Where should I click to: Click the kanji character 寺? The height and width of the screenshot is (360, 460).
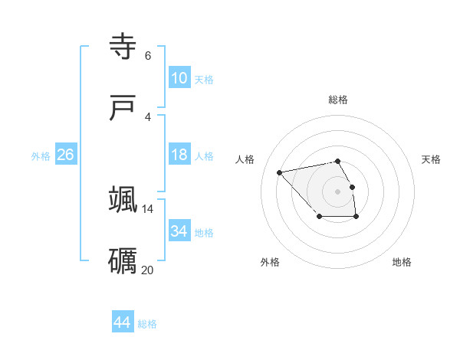tap(124, 47)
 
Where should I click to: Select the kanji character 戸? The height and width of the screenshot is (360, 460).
tap(124, 108)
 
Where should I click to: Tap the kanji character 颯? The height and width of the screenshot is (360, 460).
tap(123, 199)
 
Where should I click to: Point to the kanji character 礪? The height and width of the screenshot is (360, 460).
tap(123, 260)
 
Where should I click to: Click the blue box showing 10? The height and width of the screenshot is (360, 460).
tap(179, 78)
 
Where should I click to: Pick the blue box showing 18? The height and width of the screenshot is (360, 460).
tap(179, 155)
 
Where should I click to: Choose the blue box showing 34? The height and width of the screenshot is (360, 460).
tap(179, 231)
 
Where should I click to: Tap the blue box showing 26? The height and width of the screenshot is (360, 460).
tap(66, 155)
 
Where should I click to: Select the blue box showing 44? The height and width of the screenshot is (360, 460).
tap(122, 322)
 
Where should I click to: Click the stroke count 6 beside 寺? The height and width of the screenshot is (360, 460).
tap(148, 55)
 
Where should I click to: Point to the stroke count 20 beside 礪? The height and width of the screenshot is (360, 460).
tap(147, 270)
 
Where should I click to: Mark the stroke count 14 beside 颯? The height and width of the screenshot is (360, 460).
tap(147, 208)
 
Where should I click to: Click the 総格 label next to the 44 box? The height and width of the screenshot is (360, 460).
tap(147, 324)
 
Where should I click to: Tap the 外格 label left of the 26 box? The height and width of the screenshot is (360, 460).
tap(41, 156)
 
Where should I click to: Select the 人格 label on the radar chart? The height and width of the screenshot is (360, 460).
tap(245, 159)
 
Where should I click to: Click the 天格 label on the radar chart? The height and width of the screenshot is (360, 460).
tap(431, 159)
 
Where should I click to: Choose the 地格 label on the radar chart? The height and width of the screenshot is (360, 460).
tap(402, 262)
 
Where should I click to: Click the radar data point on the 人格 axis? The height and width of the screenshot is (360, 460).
tap(280, 172)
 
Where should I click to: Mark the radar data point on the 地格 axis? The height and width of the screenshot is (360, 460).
tap(356, 217)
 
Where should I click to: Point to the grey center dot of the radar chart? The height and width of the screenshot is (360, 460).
tap(337, 191)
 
